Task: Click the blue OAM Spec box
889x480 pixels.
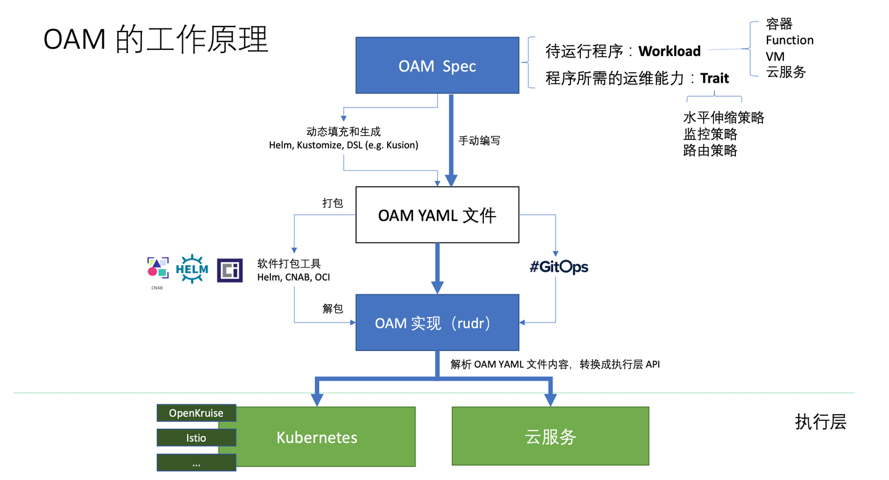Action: (437, 65)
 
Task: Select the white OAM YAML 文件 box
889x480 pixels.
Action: (437, 215)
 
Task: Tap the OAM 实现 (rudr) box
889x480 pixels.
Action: (437, 323)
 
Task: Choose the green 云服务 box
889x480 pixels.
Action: (550, 437)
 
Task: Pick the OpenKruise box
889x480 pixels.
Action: (196, 413)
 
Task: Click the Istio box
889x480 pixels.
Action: (196, 437)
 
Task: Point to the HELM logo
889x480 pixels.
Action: (192, 269)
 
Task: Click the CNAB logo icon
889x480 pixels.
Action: (157, 268)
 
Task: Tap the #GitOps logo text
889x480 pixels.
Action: (559, 267)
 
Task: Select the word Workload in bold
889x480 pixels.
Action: (669, 51)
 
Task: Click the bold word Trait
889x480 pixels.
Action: (714, 78)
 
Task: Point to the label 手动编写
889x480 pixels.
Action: (479, 141)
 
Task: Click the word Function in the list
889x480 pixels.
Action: (790, 40)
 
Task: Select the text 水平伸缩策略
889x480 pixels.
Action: (724, 117)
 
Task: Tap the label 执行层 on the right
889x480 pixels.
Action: (820, 422)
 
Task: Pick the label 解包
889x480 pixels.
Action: (333, 308)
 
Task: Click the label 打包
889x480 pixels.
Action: (333, 203)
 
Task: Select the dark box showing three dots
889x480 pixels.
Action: (196, 463)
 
